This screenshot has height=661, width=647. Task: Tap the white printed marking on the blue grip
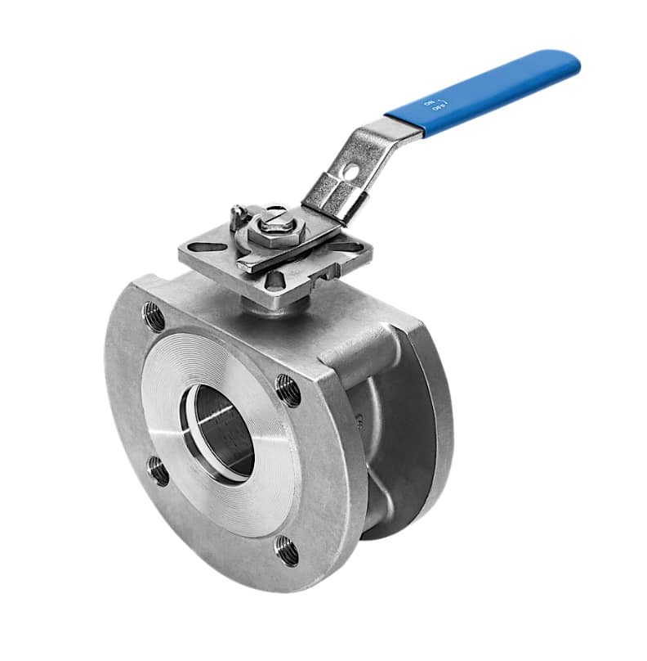(x=433, y=106)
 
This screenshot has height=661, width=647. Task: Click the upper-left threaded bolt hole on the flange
(x=153, y=313)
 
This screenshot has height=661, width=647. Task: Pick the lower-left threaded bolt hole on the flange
(x=158, y=471)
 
